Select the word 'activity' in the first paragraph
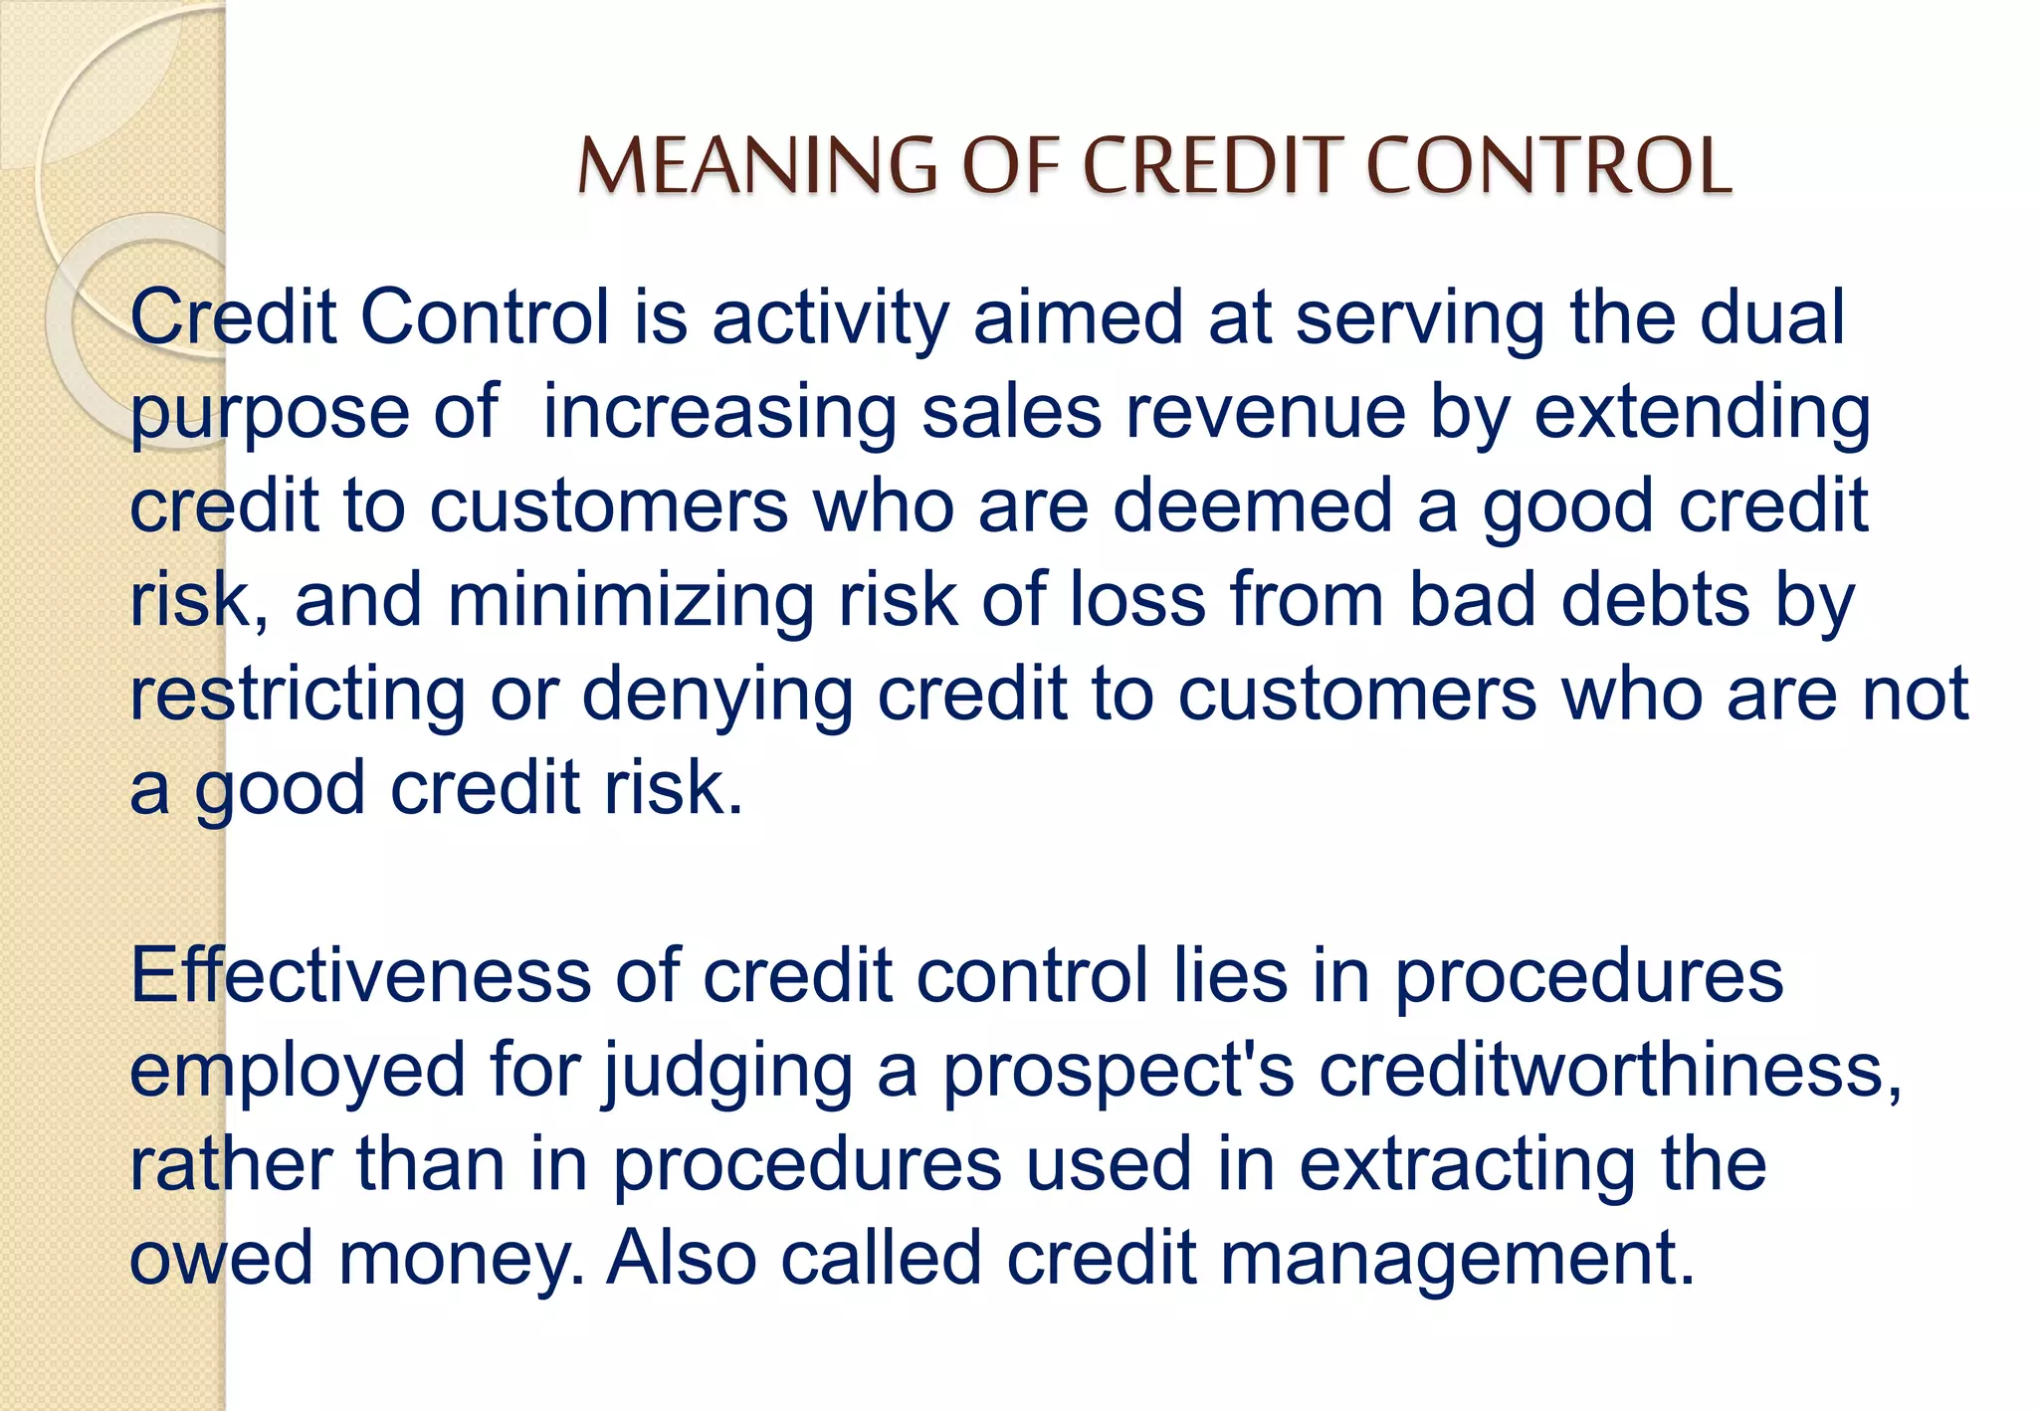point(830,318)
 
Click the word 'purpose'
point(270,413)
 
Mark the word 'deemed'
point(1252,506)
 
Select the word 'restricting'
point(298,695)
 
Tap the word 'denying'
point(716,695)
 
